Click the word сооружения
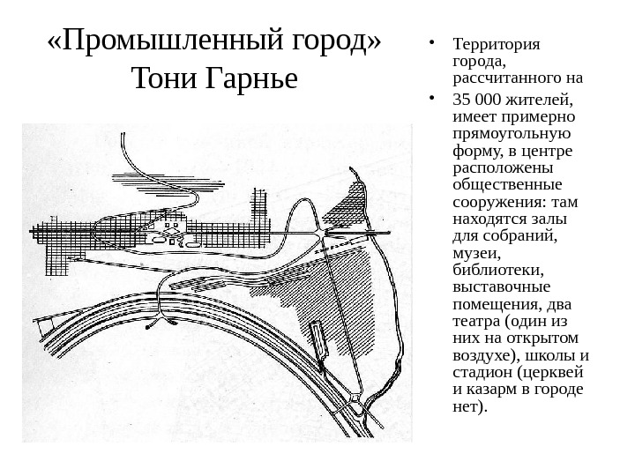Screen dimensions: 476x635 click(x=494, y=201)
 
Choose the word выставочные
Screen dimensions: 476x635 click(x=500, y=286)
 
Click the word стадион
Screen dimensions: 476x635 click(x=481, y=371)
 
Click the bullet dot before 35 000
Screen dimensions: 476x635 click(x=428, y=98)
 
